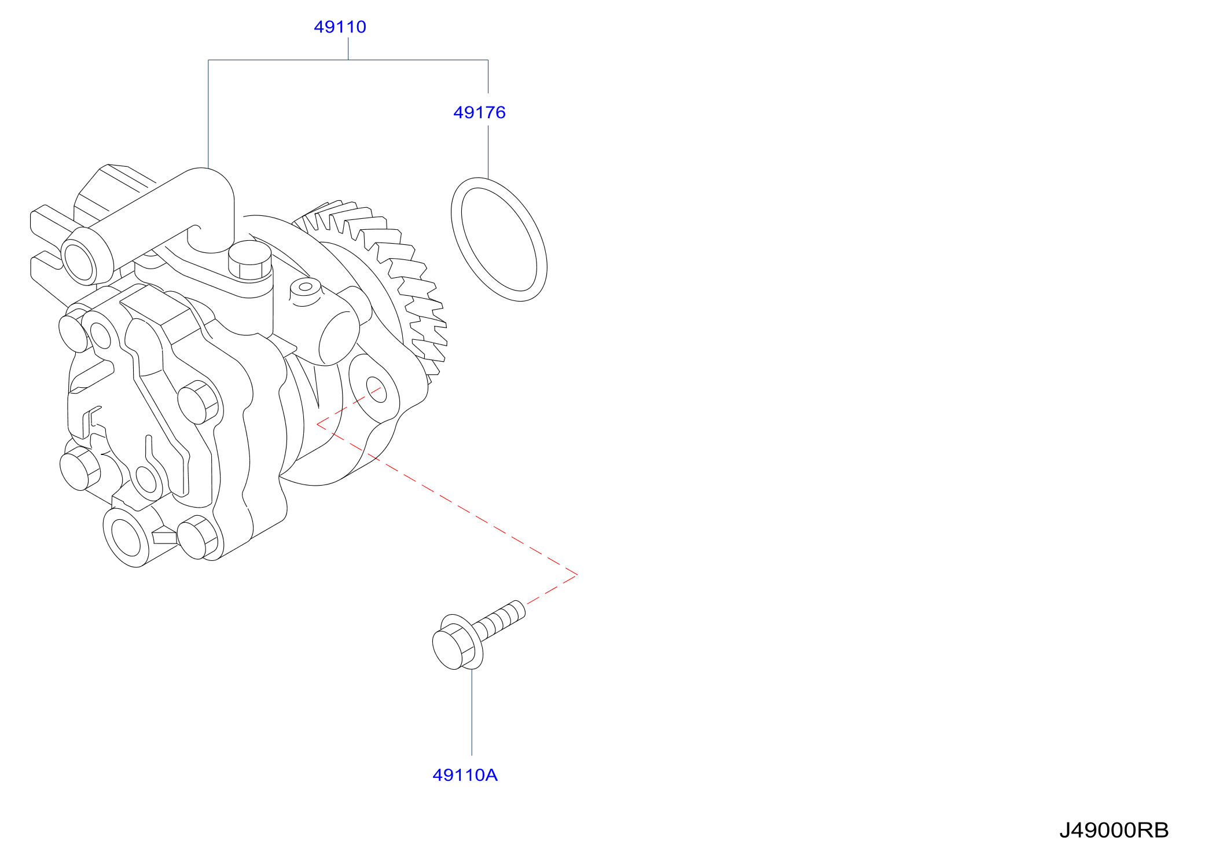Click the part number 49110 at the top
[340, 27]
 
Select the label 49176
[479, 112]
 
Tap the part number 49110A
[465, 775]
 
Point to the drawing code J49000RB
[1114, 830]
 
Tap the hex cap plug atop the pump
[250, 260]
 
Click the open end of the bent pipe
[80, 262]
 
